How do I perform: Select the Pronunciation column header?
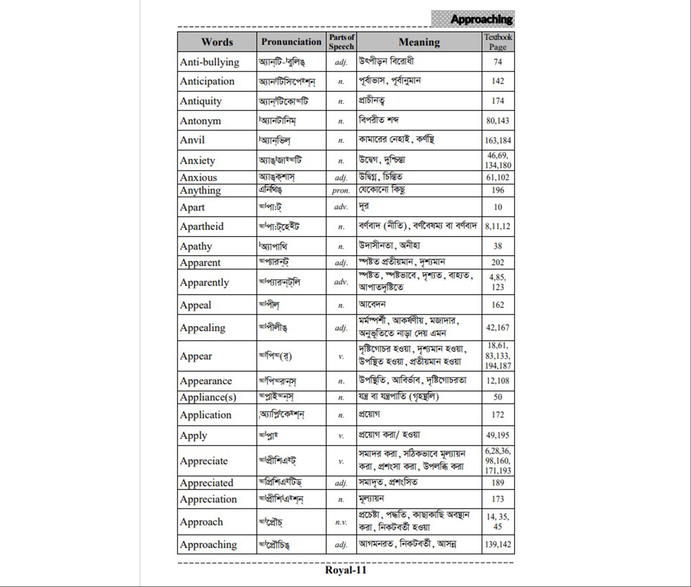click(291, 42)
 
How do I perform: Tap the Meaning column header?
click(419, 42)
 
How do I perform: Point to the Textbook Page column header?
click(498, 42)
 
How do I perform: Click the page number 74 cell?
click(498, 62)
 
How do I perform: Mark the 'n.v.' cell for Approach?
click(341, 522)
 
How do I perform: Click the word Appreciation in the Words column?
click(208, 499)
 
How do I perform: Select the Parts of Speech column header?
click(341, 42)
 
